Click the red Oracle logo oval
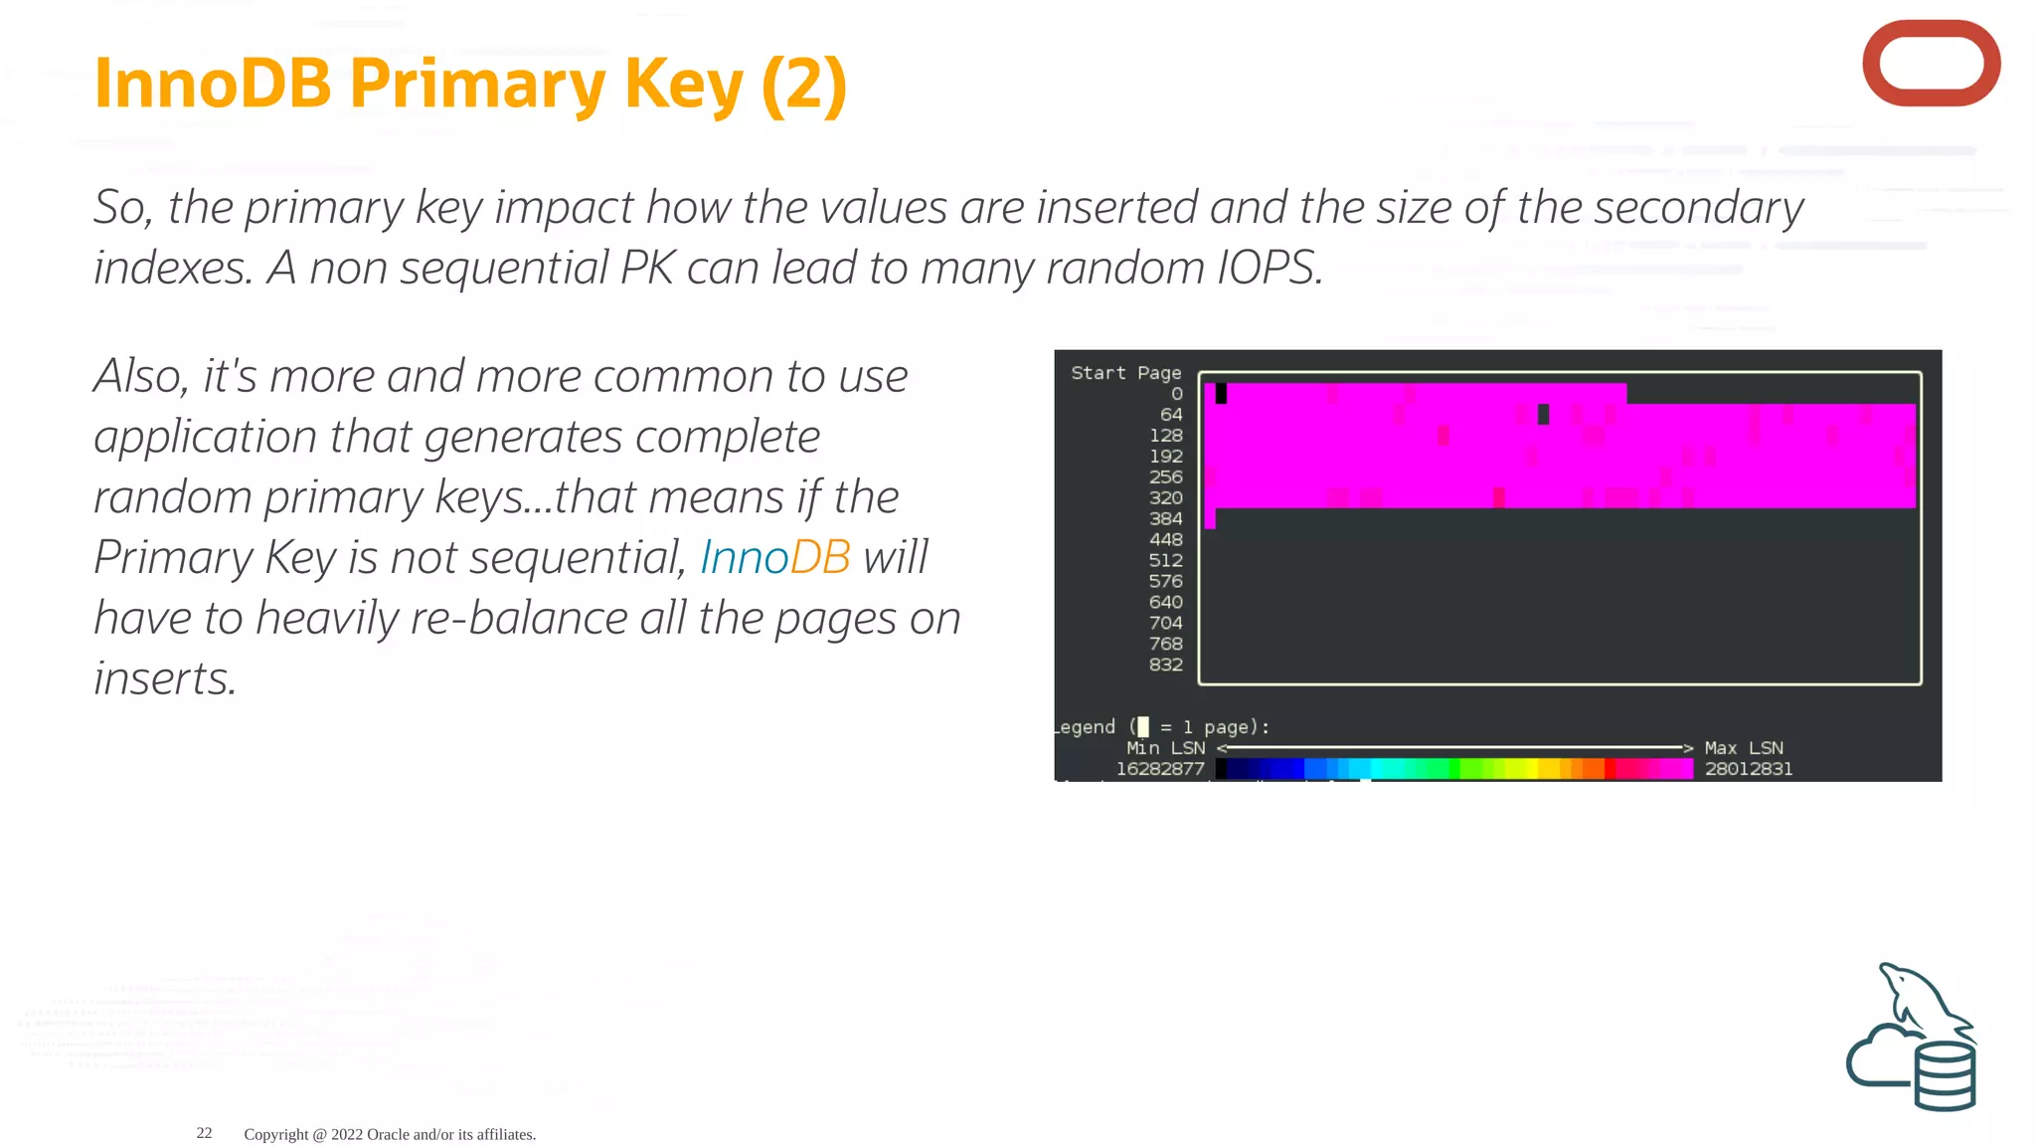point(1931,64)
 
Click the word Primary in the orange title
point(476,84)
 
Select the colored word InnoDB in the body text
point(774,557)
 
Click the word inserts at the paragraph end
point(165,679)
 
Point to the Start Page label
point(1125,373)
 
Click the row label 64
point(1171,415)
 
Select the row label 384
point(1165,519)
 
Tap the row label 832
point(1165,665)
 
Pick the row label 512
point(1165,561)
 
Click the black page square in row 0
point(1221,394)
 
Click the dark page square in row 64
point(1543,415)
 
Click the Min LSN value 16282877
point(1159,769)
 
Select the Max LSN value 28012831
point(1749,769)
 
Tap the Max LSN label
point(1744,748)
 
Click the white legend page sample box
point(1142,727)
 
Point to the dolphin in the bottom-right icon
point(1919,1000)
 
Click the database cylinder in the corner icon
point(1945,1076)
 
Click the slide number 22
point(204,1133)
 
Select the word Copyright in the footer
point(276,1135)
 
